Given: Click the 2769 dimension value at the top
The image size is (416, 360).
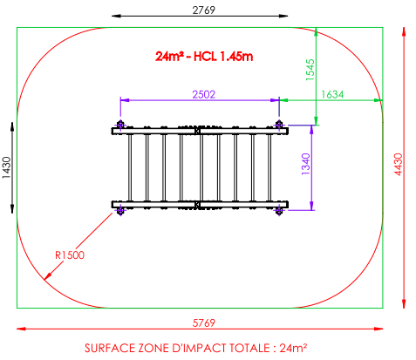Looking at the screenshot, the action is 204,10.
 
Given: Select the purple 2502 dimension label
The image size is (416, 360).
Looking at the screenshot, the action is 204,94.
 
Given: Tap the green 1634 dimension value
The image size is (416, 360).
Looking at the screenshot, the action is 332,94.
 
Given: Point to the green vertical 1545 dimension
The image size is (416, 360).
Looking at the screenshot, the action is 310,70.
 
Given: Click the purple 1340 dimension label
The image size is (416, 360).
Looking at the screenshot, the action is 306,164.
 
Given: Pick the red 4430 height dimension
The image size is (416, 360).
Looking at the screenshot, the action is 399,164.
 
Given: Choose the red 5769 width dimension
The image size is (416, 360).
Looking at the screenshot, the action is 204,323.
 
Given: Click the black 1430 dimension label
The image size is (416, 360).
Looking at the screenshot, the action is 7,167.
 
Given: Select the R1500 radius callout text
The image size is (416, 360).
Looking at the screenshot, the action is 70,255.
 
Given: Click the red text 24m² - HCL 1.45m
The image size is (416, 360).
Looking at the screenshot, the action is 204,56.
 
